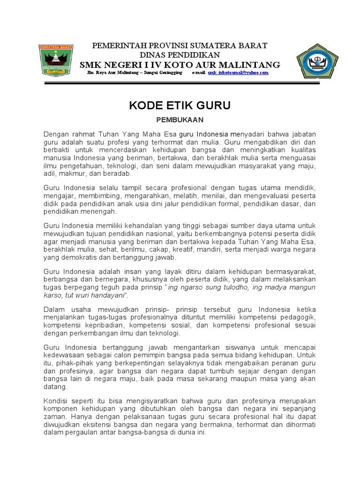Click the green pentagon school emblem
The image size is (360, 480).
point(316,62)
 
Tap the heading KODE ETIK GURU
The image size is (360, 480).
point(180,105)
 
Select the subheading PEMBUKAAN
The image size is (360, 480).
point(180,120)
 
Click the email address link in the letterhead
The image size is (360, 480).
point(238,73)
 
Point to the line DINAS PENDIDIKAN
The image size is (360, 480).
point(180,55)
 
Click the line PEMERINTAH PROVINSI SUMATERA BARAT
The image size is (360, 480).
point(180,46)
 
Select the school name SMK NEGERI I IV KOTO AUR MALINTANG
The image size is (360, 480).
point(180,65)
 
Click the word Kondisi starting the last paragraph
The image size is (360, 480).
point(56,401)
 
